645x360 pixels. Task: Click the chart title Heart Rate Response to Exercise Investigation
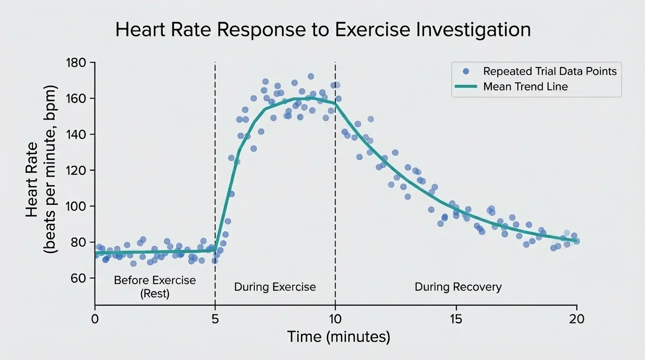[x=322, y=30]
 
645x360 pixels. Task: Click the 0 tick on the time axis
[x=95, y=319]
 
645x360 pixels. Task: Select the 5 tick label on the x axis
[x=215, y=319]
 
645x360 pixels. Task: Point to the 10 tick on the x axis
[x=336, y=319]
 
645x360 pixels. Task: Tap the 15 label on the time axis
[x=456, y=319]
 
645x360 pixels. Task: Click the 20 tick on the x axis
[x=576, y=319]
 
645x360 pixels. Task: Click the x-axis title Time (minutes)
[x=338, y=337]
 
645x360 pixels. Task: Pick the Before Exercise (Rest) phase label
[x=155, y=287]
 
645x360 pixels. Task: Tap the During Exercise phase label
[x=275, y=287]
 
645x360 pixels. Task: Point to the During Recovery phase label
[x=458, y=287]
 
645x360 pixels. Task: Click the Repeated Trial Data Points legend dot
[x=465, y=71]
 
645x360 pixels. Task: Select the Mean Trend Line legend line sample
[x=465, y=87]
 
